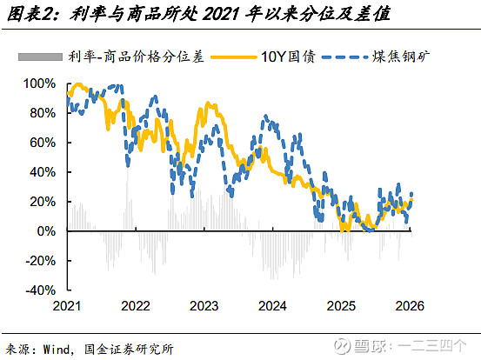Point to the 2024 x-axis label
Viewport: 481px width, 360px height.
point(272,306)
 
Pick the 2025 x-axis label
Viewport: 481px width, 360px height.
point(341,306)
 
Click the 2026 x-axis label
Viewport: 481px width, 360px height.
point(410,306)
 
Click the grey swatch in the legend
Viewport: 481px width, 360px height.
point(38,58)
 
